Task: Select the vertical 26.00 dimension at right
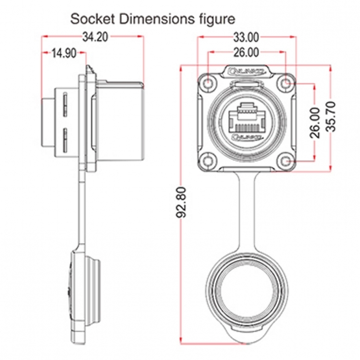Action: click(x=313, y=123)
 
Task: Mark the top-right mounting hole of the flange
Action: click(x=286, y=84)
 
